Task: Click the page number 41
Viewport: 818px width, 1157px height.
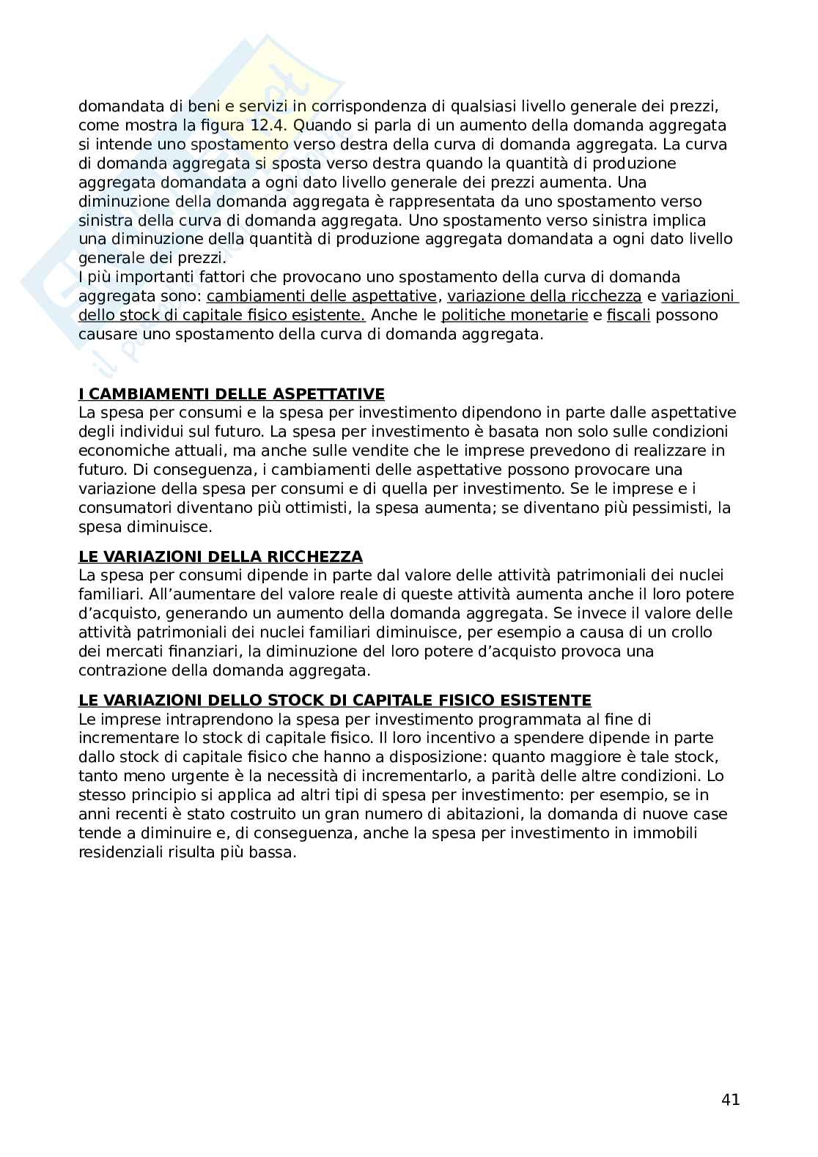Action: click(x=730, y=1099)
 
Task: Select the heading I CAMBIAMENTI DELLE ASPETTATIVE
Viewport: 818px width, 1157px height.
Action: click(x=232, y=394)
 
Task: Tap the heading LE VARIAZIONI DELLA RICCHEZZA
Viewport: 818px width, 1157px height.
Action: click(x=221, y=557)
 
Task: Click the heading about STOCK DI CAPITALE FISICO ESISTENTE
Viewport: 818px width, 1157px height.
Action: click(x=335, y=700)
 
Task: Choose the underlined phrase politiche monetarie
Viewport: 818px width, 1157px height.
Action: click(x=515, y=315)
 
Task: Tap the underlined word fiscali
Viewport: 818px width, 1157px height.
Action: click(x=629, y=315)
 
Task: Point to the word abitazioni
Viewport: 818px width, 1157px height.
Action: click(x=456, y=814)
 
